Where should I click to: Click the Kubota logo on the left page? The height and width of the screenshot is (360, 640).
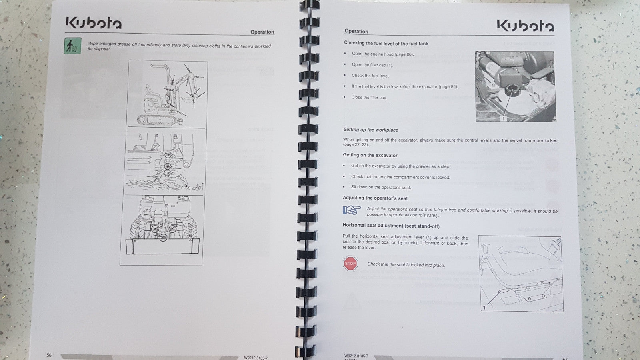pyautogui.click(x=93, y=24)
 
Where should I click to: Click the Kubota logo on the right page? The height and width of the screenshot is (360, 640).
pyautogui.click(x=525, y=26)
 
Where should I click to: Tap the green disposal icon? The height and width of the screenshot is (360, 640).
pyautogui.click(x=72, y=46)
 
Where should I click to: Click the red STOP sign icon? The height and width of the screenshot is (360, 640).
pyautogui.click(x=350, y=264)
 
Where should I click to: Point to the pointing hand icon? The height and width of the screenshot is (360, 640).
pyautogui.click(x=352, y=210)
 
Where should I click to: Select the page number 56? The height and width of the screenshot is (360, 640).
pyautogui.click(x=49, y=355)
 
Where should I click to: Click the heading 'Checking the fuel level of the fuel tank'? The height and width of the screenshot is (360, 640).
pyautogui.click(x=386, y=43)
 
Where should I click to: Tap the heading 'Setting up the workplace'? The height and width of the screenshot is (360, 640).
pyautogui.click(x=370, y=130)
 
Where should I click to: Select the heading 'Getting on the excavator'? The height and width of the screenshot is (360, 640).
pyautogui.click(x=370, y=155)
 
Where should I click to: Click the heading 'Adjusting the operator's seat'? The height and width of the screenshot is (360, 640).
pyautogui.click(x=375, y=198)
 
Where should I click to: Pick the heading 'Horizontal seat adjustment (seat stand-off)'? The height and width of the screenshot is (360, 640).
pyautogui.click(x=391, y=226)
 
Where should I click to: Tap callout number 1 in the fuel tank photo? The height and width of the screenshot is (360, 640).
pyautogui.click(x=503, y=118)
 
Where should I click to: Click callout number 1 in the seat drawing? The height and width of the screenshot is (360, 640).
pyautogui.click(x=484, y=307)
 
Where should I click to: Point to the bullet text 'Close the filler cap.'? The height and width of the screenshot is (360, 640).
pyautogui.click(x=369, y=97)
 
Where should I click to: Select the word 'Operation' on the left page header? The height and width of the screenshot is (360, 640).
pyautogui.click(x=262, y=32)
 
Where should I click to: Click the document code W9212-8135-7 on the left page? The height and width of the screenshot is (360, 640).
pyautogui.click(x=256, y=358)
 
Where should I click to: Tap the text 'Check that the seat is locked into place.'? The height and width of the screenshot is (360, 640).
pyautogui.click(x=406, y=264)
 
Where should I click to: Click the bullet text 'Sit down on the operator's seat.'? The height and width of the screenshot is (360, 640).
pyautogui.click(x=381, y=187)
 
